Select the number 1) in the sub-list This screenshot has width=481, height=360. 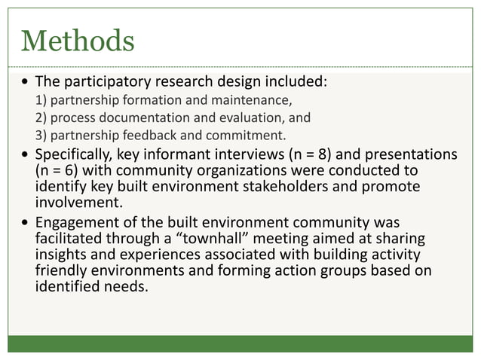[41, 100]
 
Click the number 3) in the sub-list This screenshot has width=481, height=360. [41, 136]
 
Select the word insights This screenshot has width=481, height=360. [61, 255]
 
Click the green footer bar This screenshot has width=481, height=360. [240, 343]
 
